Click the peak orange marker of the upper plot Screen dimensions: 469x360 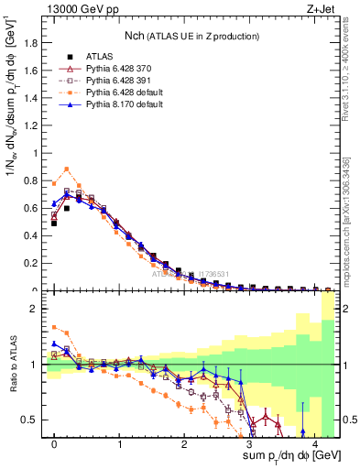point(67,169)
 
